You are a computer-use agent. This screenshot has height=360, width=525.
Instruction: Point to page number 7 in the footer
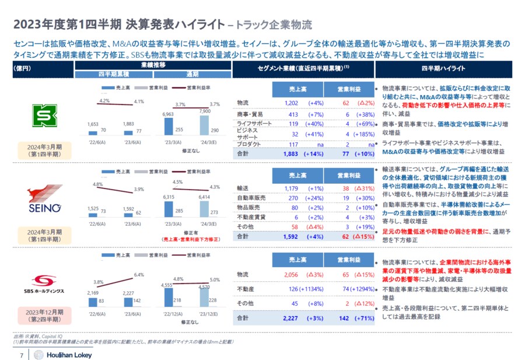pos(22,355)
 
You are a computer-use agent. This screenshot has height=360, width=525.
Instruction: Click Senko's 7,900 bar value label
pos(205,111)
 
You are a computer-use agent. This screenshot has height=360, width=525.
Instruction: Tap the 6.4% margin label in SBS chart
pos(138,274)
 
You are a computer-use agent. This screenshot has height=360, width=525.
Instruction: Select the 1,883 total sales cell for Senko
pos(290,154)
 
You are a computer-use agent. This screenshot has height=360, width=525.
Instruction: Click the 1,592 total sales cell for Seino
pos(290,237)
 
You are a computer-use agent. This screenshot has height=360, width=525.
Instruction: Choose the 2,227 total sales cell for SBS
pos(290,318)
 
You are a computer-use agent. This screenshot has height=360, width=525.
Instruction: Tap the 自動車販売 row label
pos(251,198)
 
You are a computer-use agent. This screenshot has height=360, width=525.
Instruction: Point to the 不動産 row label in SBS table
pos(245,289)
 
